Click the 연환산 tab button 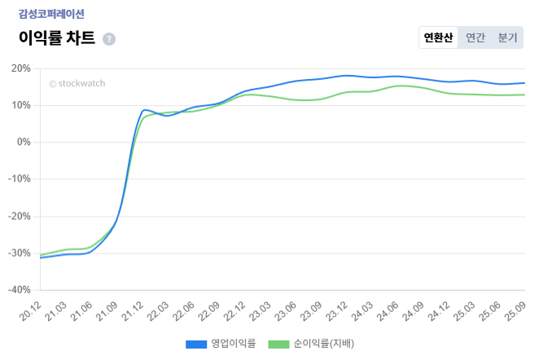pyautogui.click(x=438, y=37)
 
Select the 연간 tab pyautogui.click(x=475, y=37)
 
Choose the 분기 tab pyautogui.click(x=507, y=37)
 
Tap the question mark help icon pyautogui.click(x=109, y=39)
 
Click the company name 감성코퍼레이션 pyautogui.click(x=51, y=14)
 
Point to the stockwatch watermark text pyautogui.click(x=77, y=82)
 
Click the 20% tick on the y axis pyautogui.click(x=20, y=68)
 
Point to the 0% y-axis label pyautogui.click(x=23, y=143)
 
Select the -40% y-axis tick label pyautogui.click(x=19, y=290)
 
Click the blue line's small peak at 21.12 pyautogui.click(x=145, y=110)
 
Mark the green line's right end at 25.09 pyautogui.click(x=524, y=94)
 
